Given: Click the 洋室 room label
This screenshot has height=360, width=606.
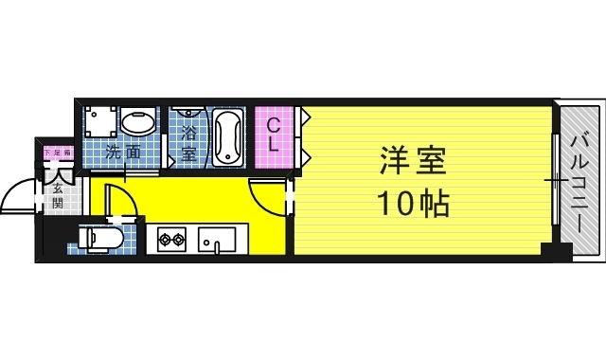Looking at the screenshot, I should pos(414,162).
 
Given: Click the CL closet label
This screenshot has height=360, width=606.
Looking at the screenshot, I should pos(272,135).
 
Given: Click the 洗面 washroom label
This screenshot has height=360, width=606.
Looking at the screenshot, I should pos(124,152).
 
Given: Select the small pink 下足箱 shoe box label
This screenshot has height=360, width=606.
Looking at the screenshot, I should pos(50,151).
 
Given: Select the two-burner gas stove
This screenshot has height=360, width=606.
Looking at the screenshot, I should pos(171,238).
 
